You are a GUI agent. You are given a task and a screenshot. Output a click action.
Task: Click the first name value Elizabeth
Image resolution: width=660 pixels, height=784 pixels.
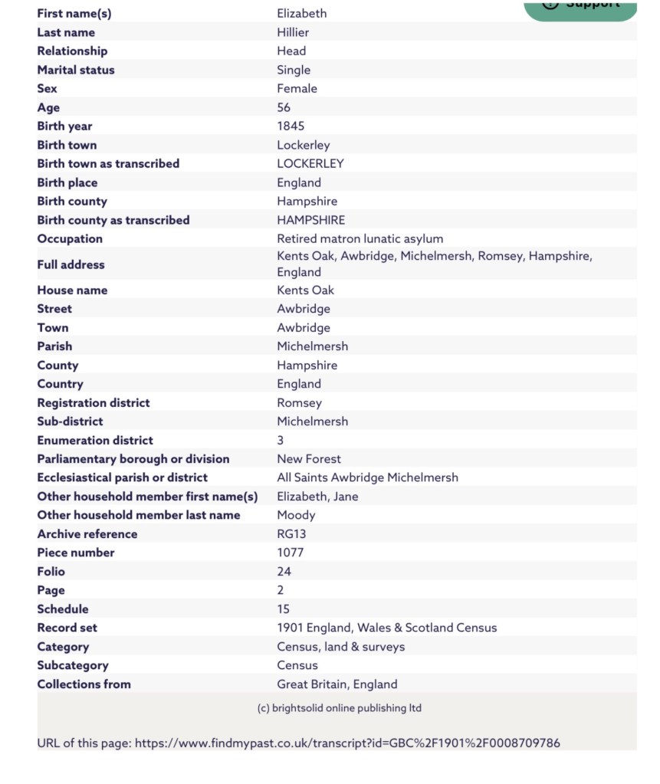pyautogui.click(x=301, y=13)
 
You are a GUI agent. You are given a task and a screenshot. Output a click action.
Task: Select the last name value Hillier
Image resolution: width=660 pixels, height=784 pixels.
pyautogui.click(x=293, y=32)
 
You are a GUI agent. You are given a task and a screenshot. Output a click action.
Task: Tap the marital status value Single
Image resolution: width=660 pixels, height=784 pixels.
pyautogui.click(x=294, y=70)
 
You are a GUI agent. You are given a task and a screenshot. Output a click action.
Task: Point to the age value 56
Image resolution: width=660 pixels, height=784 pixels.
pyautogui.click(x=284, y=107)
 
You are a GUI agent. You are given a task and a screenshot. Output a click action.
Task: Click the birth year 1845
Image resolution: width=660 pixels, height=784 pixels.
pyautogui.click(x=291, y=126)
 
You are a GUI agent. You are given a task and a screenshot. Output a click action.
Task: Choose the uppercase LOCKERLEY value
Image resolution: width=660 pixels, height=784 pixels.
pyautogui.click(x=310, y=163)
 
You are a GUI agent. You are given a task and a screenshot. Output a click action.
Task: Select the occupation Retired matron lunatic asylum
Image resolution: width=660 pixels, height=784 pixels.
pyautogui.click(x=360, y=238)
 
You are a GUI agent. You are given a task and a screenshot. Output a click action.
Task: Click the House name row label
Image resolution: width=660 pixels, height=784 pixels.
pyautogui.click(x=72, y=290)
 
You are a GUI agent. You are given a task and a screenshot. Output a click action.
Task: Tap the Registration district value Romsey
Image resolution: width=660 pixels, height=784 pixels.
pyautogui.click(x=299, y=402)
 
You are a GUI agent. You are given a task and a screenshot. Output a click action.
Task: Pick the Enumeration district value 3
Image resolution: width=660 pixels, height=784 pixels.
pyautogui.click(x=281, y=440)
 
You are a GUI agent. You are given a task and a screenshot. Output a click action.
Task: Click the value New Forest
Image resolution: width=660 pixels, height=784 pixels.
pyautogui.click(x=309, y=459)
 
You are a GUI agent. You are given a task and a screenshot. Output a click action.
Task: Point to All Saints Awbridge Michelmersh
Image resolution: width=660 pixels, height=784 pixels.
pyautogui.click(x=367, y=477)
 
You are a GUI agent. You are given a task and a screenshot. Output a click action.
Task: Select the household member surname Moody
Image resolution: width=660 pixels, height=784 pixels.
pyautogui.click(x=296, y=515)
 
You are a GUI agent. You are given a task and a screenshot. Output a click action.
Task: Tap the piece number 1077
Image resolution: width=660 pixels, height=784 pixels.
pyautogui.click(x=290, y=553)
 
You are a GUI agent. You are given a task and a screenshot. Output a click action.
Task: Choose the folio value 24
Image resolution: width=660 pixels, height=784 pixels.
pyautogui.click(x=284, y=571)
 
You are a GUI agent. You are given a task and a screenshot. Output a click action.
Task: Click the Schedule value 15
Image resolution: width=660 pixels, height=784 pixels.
pyautogui.click(x=283, y=609)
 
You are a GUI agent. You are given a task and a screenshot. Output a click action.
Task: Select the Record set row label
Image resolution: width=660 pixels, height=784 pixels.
pyautogui.click(x=67, y=628)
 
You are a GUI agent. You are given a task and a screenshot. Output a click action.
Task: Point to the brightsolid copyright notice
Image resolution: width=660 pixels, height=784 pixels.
pyautogui.click(x=339, y=708)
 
